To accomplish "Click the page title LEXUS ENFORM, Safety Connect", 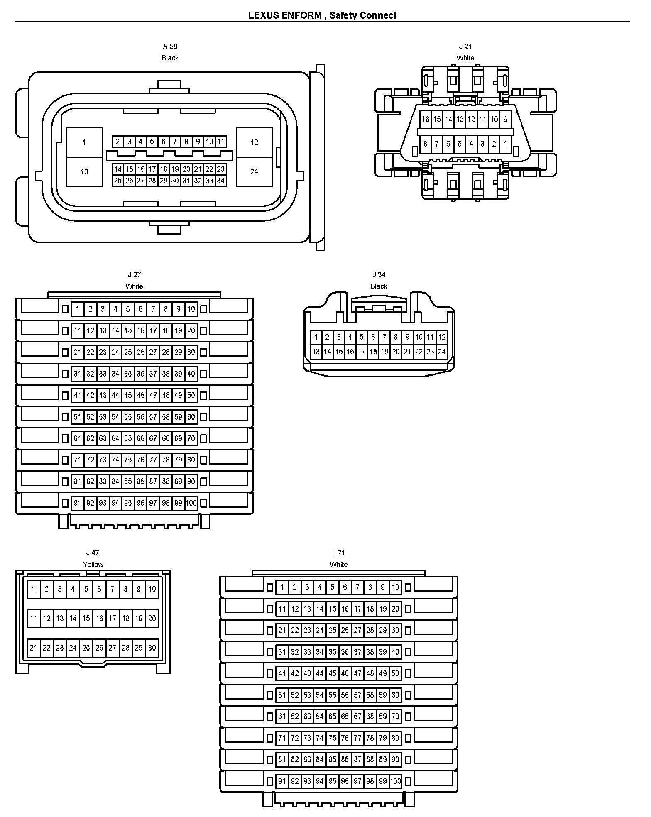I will click(322, 15).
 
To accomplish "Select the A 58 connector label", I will click(170, 46).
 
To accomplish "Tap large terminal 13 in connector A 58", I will click(84, 171).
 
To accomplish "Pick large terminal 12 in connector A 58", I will click(254, 142).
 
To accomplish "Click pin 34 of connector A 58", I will click(221, 181).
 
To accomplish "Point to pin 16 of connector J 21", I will click(426, 120).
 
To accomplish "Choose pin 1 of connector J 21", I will click(505, 144).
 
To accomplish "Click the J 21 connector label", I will click(465, 46).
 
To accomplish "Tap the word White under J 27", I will click(134, 286).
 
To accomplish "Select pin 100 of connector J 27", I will click(191, 503).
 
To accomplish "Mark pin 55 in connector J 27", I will click(128, 417).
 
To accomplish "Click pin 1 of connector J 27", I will click(78, 309).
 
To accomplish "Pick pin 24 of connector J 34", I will click(442, 352).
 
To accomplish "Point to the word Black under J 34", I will click(379, 286).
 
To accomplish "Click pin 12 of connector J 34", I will click(442, 337).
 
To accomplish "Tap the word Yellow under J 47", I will click(93, 564).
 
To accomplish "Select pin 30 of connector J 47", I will click(152, 648).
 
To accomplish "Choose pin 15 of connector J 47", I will click(86, 618).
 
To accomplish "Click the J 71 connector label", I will click(338, 553).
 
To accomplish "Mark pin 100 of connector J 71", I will click(396, 781).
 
